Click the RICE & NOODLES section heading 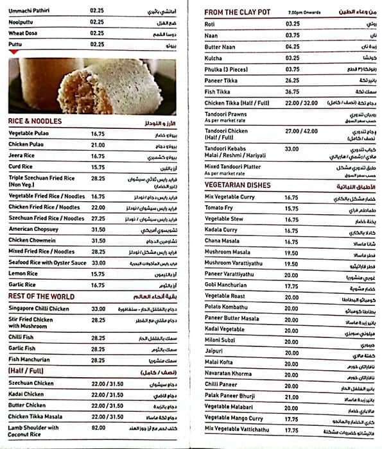(x=35, y=121)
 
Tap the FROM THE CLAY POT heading (x=238, y=12)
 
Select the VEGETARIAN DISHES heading (x=237, y=185)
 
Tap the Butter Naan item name (x=221, y=46)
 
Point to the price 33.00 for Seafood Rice (x=98, y=263)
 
